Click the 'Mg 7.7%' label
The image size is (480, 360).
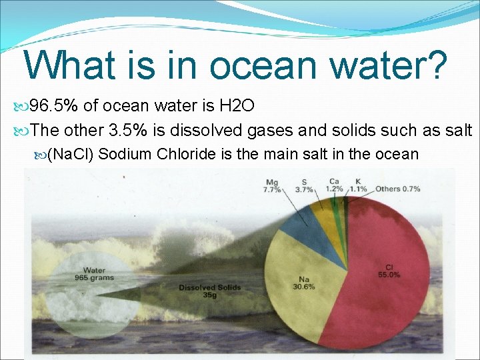point(272,186)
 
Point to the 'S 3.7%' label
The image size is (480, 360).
point(304,186)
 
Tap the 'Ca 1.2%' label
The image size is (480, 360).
point(334,185)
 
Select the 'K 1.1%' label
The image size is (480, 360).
point(359,185)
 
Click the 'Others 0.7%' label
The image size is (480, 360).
point(397,189)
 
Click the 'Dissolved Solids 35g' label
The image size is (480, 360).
point(209,291)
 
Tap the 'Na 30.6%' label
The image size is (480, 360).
point(303,283)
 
